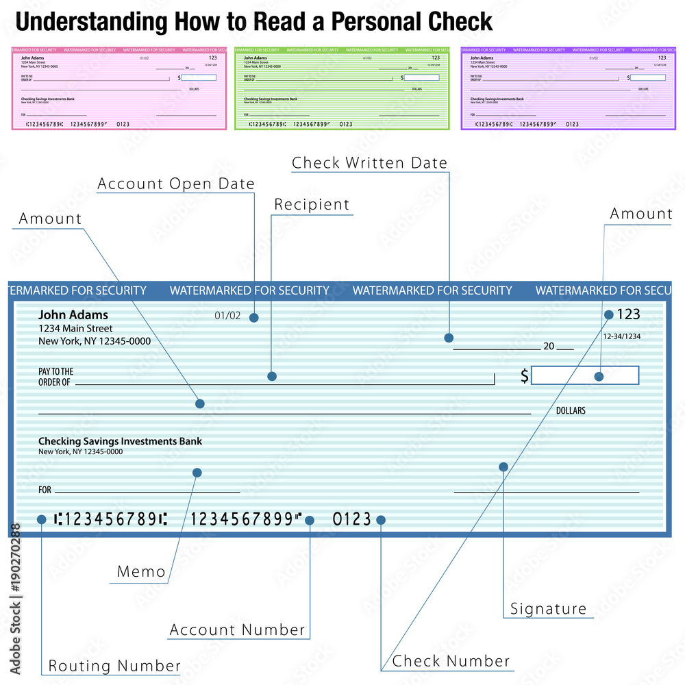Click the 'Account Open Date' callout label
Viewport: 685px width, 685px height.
pyautogui.click(x=176, y=184)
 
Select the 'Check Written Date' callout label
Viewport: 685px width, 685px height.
pyautogui.click(x=369, y=163)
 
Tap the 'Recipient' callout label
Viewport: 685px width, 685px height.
pyautogui.click(x=312, y=205)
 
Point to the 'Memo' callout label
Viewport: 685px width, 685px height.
pyautogui.click(x=141, y=572)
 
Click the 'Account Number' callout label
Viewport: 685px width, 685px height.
pyautogui.click(x=237, y=630)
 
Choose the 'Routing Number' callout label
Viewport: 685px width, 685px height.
pyautogui.click(x=114, y=666)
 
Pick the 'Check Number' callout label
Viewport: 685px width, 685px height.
pyautogui.click(x=451, y=662)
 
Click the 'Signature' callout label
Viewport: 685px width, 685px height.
pyautogui.click(x=549, y=609)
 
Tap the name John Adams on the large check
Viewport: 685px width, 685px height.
pyautogui.click(x=73, y=315)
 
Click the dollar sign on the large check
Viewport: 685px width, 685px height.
pyautogui.click(x=525, y=376)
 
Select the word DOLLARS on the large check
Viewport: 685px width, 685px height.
pyautogui.click(x=571, y=411)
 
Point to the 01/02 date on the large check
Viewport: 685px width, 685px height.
pyautogui.click(x=227, y=316)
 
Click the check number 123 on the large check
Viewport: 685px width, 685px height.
pyautogui.click(x=629, y=314)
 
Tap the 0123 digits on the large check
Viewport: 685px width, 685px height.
pyautogui.click(x=352, y=520)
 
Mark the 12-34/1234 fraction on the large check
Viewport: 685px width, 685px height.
pyautogui.click(x=621, y=336)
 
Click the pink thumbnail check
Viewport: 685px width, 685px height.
pyautogui.click(x=119, y=88)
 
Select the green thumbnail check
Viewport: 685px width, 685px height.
pyautogui.click(x=342, y=88)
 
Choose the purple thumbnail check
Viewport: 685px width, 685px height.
pyautogui.click(x=568, y=88)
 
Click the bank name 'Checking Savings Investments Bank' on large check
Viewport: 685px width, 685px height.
pyautogui.click(x=120, y=442)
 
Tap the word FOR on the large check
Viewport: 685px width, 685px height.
pyautogui.click(x=45, y=490)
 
